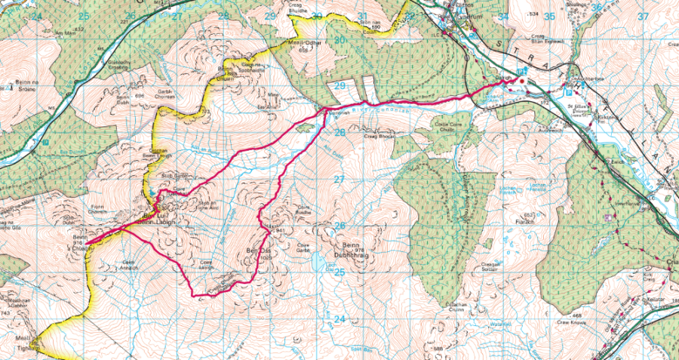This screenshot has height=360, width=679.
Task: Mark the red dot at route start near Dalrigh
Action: pos(520,79)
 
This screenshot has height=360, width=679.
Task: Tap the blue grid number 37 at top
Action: pos(643,16)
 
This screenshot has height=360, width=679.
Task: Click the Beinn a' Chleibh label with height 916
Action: pos(78,245)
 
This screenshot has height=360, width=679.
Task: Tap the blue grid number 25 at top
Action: pos(83,15)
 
